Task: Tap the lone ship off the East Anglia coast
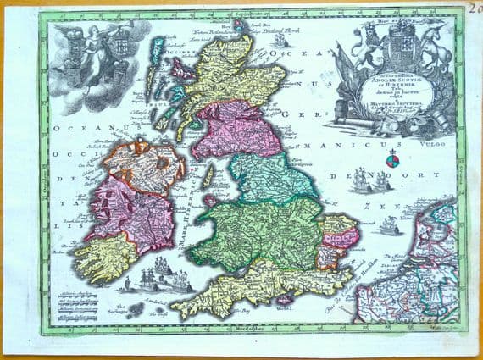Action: (x=390, y=227)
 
